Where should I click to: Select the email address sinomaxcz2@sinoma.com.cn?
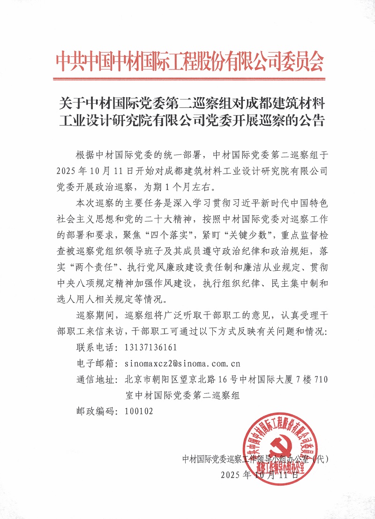[x=183, y=363]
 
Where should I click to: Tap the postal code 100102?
[x=139, y=411]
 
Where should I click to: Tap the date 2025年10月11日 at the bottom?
[x=259, y=474]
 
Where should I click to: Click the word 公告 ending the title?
[x=313, y=120]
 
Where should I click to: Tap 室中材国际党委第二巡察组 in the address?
[x=183, y=395]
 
